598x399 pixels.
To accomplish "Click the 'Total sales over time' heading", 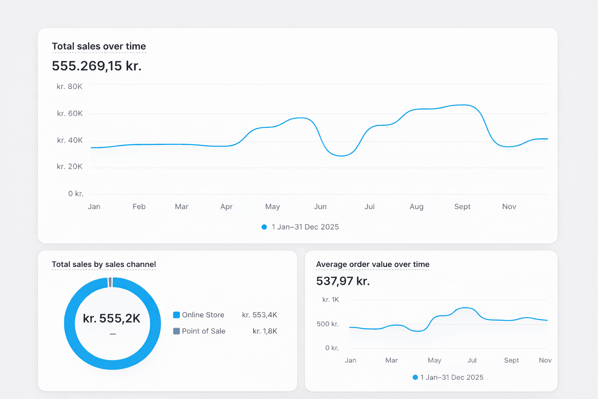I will [x=99, y=46].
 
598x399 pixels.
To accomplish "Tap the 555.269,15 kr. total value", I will [x=97, y=66].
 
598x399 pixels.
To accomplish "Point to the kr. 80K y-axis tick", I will [x=69, y=87].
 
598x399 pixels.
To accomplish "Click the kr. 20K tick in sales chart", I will [x=69, y=167].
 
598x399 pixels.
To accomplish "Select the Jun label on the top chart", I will [x=320, y=207].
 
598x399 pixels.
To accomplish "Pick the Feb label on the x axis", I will [x=139, y=207].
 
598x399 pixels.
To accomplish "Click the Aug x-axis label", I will [x=416, y=207].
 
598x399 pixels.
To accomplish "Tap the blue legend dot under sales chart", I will [x=264, y=227].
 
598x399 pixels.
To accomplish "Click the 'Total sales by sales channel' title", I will [x=104, y=265].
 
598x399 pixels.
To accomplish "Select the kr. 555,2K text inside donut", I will [x=112, y=318].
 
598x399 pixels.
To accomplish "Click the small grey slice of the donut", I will [x=110, y=282].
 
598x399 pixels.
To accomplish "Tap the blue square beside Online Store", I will [x=176, y=315].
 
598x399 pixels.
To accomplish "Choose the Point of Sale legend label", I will [x=204, y=331].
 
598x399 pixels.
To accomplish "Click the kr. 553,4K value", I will [x=259, y=315].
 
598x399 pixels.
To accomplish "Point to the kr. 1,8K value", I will [x=265, y=331].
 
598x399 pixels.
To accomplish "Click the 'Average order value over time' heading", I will [x=373, y=265].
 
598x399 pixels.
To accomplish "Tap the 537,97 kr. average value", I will [x=343, y=281].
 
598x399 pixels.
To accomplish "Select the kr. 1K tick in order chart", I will [x=331, y=300].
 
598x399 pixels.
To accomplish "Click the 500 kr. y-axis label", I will [x=327, y=324].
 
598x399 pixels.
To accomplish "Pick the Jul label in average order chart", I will [x=472, y=360].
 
